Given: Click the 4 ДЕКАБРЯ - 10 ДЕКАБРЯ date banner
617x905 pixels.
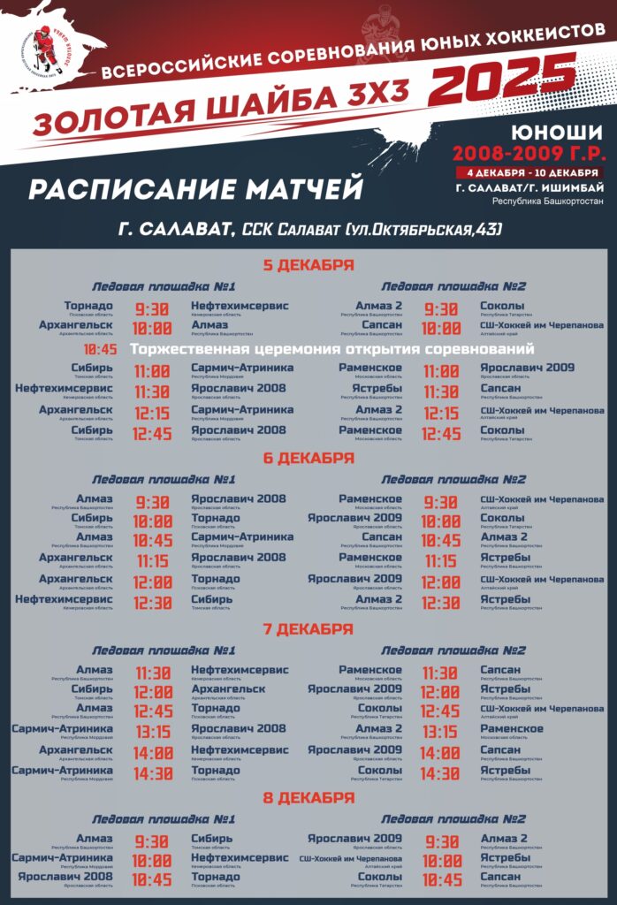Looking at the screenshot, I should (528, 171).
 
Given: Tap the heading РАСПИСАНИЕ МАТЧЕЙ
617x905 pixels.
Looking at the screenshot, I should (196, 189).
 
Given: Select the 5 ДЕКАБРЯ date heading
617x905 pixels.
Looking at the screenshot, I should (308, 265).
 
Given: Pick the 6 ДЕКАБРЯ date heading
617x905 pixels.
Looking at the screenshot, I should (308, 458).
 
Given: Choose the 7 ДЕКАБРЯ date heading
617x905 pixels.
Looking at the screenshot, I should (308, 629).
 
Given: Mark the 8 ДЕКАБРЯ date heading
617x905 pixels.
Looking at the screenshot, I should (308, 798).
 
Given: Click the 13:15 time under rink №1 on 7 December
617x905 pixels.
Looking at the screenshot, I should (153, 732).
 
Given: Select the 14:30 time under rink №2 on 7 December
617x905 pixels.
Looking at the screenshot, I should (440, 773).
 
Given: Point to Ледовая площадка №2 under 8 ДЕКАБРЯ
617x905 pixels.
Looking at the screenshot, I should (453, 819).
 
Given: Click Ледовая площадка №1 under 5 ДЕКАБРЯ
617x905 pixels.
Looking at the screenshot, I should (164, 286).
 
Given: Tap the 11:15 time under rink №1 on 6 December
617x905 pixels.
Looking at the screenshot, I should (153, 561).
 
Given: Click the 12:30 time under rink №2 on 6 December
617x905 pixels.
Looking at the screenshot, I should (440, 603).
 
